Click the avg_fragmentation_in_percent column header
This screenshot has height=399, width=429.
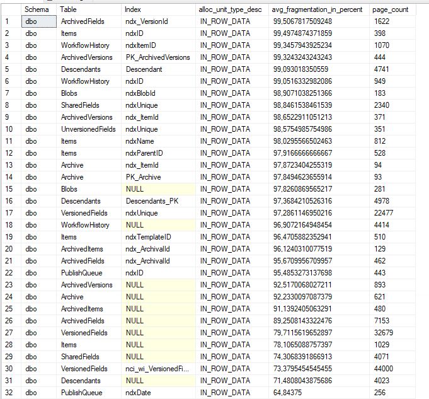click(306, 9)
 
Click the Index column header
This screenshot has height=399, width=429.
click(133, 9)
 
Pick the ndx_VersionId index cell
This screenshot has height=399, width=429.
click(147, 21)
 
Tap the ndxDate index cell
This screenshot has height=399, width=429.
click(139, 393)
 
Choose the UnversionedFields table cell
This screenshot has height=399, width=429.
click(88, 129)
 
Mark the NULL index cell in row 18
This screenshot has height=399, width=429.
click(134, 225)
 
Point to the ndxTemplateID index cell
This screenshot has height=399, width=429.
click(148, 237)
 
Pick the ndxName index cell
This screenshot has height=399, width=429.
click(139, 141)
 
